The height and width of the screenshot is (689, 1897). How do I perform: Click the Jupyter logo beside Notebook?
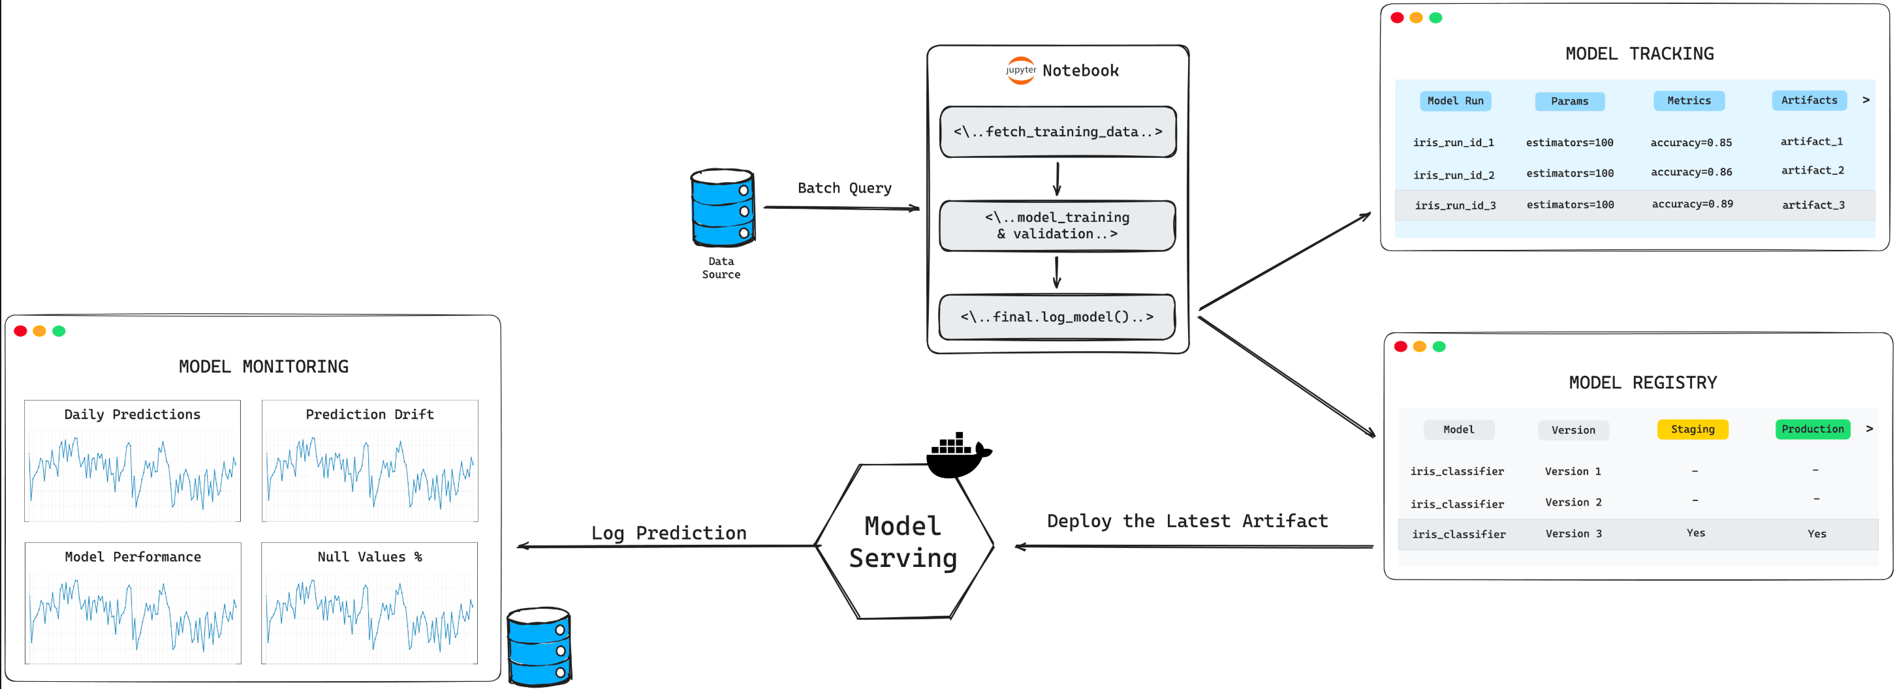1021,70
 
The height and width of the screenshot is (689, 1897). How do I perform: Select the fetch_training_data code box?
1058,132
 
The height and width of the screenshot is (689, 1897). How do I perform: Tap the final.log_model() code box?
1057,317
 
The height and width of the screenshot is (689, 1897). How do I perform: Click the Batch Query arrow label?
845,189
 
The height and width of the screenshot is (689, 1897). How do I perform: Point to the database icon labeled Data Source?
723,207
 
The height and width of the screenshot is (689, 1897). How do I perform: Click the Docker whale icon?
958,455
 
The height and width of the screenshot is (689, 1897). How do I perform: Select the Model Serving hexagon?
903,542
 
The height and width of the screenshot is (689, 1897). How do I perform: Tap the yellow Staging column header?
1692,429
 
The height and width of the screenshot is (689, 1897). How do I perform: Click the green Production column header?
1812,429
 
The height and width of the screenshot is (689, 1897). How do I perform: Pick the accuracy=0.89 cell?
1692,204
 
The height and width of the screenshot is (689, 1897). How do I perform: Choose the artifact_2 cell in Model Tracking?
1812,171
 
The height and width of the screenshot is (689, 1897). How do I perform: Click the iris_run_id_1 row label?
1453,143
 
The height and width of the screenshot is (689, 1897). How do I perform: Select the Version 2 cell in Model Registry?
1573,502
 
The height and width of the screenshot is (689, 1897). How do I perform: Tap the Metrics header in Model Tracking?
1689,101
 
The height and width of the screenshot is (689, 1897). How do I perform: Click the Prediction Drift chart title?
369,414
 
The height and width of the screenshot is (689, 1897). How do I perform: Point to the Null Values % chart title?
369,557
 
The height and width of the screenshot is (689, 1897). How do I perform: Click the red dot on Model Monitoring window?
21,331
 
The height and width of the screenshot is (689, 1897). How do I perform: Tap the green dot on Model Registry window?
1439,346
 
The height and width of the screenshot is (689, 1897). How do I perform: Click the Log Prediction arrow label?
668,533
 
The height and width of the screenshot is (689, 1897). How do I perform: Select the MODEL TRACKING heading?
1639,54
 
